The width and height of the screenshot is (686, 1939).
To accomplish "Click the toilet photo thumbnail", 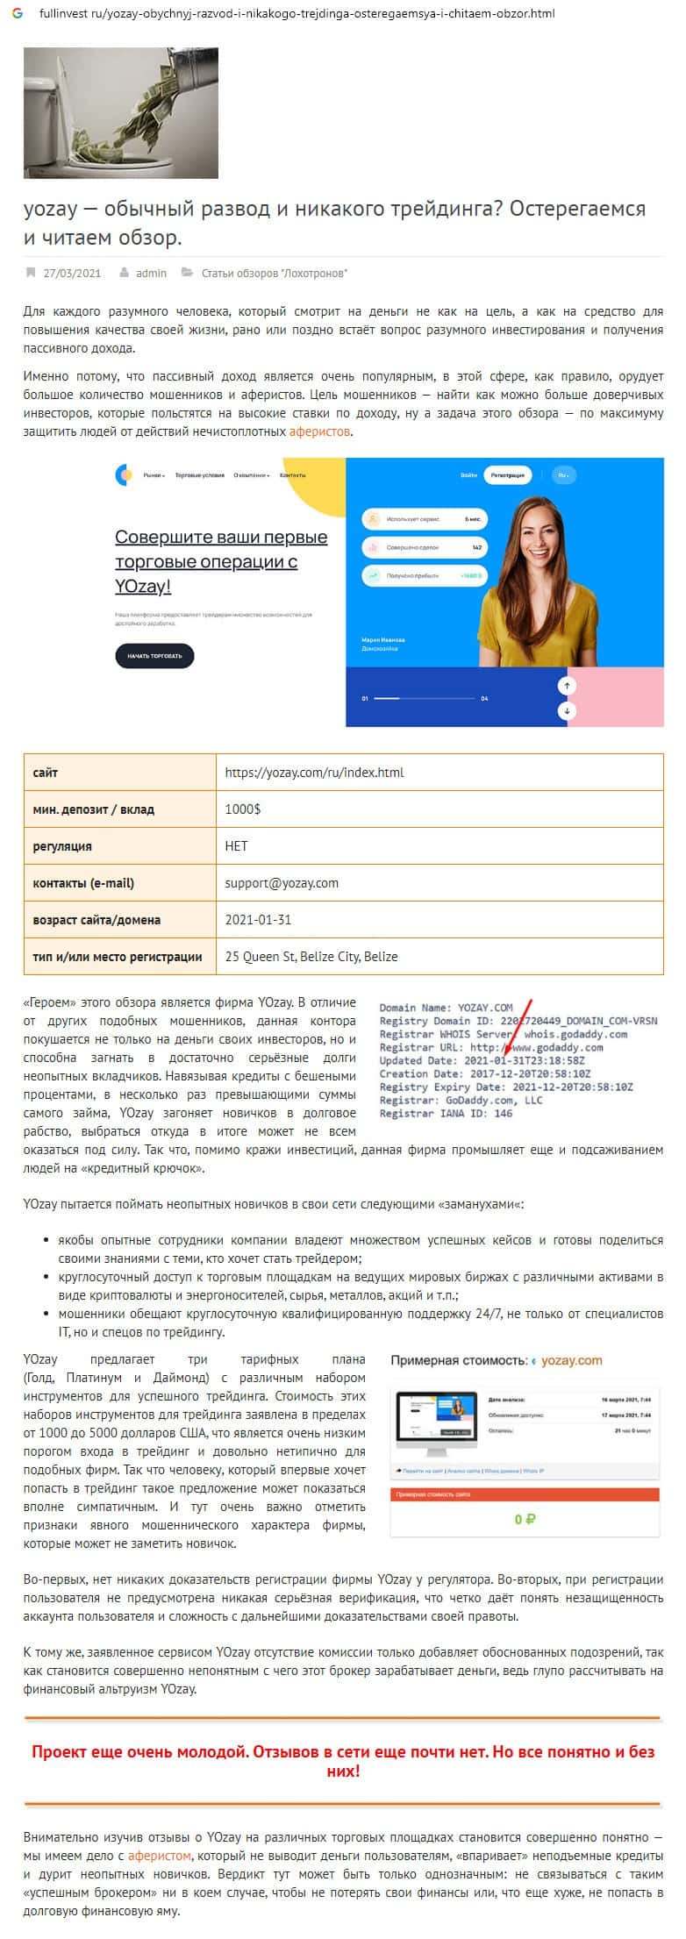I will coord(120,112).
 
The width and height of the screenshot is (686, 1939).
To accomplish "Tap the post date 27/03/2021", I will coord(72,273).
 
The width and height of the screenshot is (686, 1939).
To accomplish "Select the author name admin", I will coord(151,273).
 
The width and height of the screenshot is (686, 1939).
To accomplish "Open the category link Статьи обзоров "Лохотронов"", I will coord(274,273).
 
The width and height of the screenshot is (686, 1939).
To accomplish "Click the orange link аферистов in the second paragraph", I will coord(320,431).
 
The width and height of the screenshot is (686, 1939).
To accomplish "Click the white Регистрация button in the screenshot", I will coord(507,475).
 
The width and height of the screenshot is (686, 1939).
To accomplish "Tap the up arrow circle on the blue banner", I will coord(568,685).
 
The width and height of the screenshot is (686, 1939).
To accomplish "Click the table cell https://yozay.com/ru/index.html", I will coord(314,773).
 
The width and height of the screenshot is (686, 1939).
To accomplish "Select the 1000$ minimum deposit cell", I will coord(243,809).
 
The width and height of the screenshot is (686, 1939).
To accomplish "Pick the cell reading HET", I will coord(237,846).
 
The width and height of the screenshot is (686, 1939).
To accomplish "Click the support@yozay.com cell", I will coord(282,883).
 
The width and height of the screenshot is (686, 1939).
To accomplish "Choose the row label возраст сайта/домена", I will coord(96,920).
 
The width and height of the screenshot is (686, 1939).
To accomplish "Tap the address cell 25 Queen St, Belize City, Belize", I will coord(311,957).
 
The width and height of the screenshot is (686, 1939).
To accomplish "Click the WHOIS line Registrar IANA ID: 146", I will coord(446,1114).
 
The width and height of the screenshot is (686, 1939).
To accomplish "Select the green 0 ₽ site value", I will coord(525,1519).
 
